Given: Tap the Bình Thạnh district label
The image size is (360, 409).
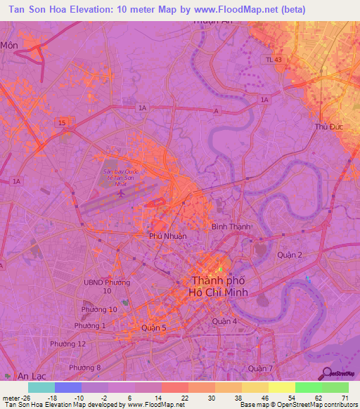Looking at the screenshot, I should coord(227,227).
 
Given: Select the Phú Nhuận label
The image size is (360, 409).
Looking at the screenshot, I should coord(168,236).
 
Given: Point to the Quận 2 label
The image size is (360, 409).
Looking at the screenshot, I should coord(290,254).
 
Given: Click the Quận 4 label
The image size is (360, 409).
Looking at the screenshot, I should coord(225,321).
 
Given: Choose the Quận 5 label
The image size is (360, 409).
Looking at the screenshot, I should coord(154,327).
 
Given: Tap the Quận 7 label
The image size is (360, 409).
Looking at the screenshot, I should coord(260,368).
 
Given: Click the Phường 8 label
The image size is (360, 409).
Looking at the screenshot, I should coord(85,368).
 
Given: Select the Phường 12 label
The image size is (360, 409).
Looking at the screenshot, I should coord(67,343).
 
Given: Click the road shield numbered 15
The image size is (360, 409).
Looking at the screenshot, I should coord(63,122).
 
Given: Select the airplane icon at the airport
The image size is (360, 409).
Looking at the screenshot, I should coord(120,193).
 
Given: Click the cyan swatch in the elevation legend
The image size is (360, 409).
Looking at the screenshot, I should coord(41,387).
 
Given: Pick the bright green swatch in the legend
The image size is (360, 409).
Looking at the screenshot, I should coord(309,387).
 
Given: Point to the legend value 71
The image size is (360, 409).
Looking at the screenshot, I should coord(345,397).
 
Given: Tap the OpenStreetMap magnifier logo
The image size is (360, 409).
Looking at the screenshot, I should coord(326,374).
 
